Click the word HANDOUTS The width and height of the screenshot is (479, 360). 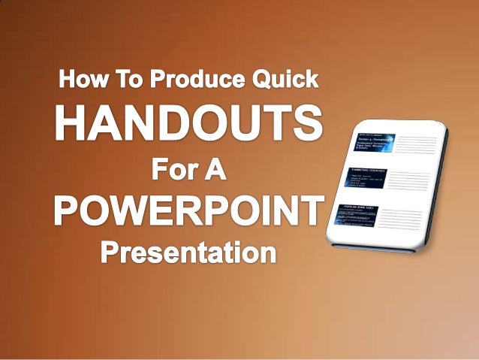pos(188,125)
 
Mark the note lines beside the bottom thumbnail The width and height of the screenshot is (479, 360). pos(409,222)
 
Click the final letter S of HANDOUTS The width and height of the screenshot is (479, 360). pos(309,125)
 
